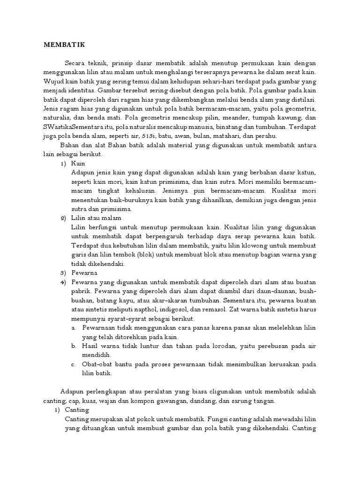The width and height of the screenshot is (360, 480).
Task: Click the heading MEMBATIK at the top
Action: (64, 45)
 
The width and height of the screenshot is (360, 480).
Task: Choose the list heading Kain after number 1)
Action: (78, 164)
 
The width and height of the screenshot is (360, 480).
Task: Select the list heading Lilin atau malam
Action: (96, 218)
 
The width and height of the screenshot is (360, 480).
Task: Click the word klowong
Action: (263, 245)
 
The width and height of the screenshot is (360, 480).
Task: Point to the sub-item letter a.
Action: (74, 327)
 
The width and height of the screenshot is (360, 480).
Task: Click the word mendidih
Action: (95, 355)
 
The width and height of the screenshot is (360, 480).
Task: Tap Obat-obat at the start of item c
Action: (96, 364)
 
